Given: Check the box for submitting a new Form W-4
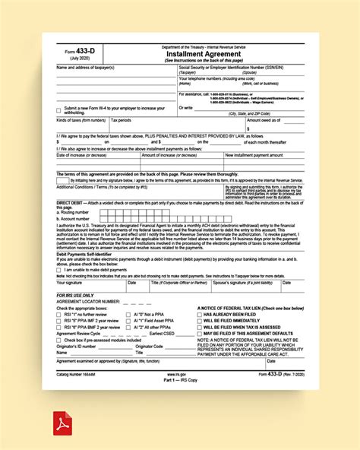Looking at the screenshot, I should point(59,109).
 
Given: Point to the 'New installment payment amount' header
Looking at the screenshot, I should point(253,155).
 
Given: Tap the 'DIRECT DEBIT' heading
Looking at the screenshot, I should point(71,204).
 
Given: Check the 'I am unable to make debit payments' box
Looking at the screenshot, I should point(59,270).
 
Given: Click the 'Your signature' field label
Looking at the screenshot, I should point(71,282).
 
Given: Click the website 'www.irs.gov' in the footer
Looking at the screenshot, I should point(177,374).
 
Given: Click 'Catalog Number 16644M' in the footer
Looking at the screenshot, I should point(79,374).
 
